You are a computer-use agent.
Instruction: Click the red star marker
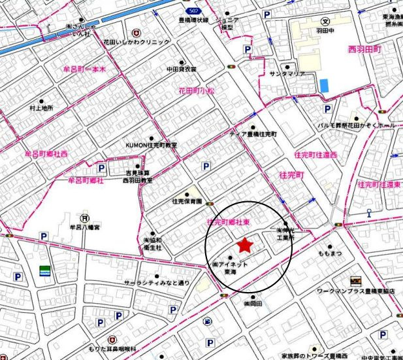pyautogui.click(x=244, y=245)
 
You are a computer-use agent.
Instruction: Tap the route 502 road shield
pyautogui.click(x=192, y=11)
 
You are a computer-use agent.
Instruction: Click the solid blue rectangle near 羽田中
pyautogui.click(x=324, y=86)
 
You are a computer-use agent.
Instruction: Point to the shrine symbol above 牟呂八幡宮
pyautogui.click(x=84, y=218)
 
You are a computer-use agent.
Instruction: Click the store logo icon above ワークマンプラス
pyautogui.click(x=355, y=279)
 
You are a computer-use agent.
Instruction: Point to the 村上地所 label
pyautogui.click(x=41, y=108)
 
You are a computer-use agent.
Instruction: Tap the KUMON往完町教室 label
pyautogui.click(x=151, y=145)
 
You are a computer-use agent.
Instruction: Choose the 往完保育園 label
pyautogui.click(x=187, y=201)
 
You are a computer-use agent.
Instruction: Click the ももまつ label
pyautogui.click(x=330, y=252)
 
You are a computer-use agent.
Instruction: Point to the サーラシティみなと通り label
pyautogui.click(x=157, y=283)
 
